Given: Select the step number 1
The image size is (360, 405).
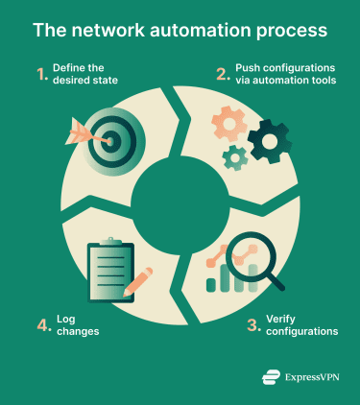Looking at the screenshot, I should click(x=42, y=74).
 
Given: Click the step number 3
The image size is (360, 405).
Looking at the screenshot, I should click(x=253, y=325).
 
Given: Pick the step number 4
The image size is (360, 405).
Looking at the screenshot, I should click(x=43, y=325).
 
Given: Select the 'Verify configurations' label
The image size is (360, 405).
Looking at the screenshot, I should click(x=300, y=325).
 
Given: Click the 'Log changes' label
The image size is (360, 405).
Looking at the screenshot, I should click(x=82, y=325).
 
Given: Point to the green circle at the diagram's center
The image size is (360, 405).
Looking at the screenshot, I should click(x=179, y=201).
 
